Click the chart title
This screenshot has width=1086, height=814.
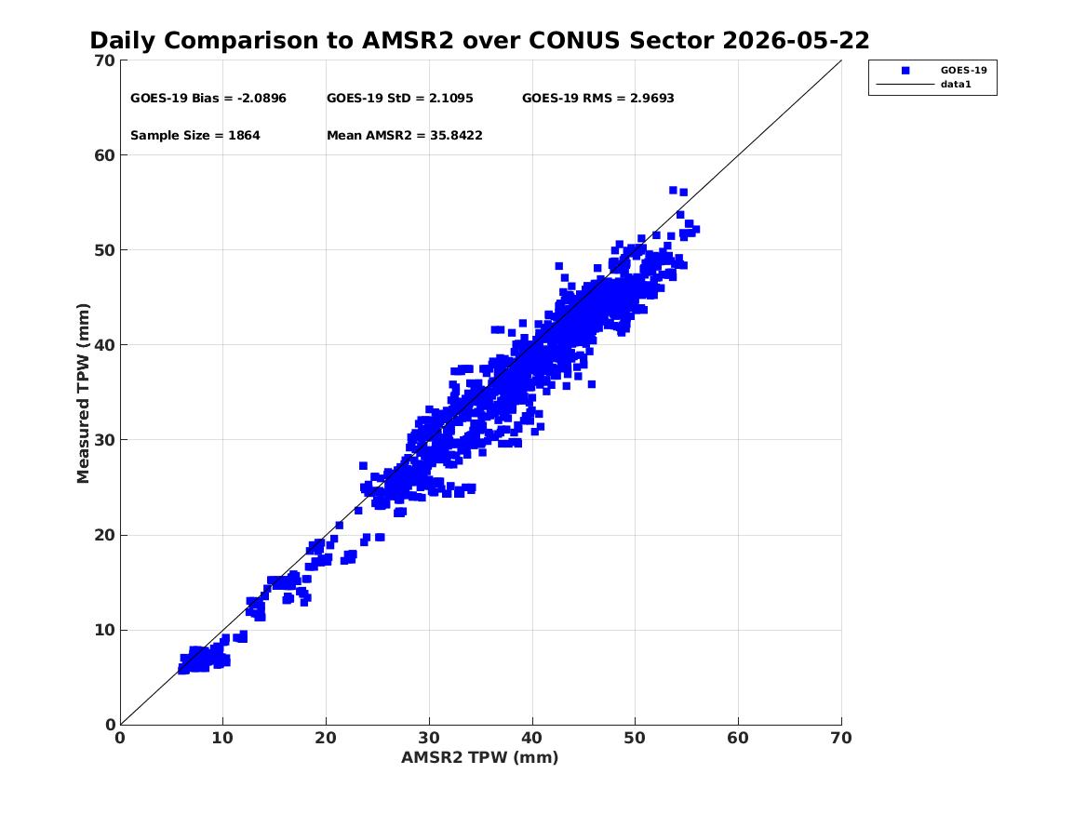(x=479, y=41)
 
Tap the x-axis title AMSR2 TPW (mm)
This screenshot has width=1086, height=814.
(x=480, y=757)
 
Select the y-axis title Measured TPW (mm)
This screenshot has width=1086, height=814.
(x=83, y=394)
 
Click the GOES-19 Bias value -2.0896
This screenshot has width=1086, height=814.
(x=261, y=99)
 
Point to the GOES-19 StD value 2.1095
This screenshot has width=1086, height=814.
(x=451, y=99)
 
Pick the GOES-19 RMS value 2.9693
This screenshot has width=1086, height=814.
(x=651, y=99)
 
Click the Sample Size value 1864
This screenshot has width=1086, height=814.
(x=244, y=136)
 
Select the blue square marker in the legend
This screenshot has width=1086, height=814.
(x=905, y=71)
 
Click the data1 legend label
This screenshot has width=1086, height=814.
(x=956, y=85)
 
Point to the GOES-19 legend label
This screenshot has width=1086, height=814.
(x=963, y=71)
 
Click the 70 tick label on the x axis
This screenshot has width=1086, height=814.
(x=841, y=738)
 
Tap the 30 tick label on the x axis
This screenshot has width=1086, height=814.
(x=429, y=738)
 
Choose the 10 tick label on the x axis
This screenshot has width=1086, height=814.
(x=223, y=738)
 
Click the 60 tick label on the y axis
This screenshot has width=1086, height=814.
(x=104, y=155)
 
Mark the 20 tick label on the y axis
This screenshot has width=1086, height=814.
(x=104, y=535)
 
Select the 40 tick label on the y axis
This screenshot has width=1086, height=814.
(x=104, y=345)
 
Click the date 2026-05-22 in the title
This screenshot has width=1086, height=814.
(x=796, y=41)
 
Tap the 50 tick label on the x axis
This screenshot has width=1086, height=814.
(x=635, y=738)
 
